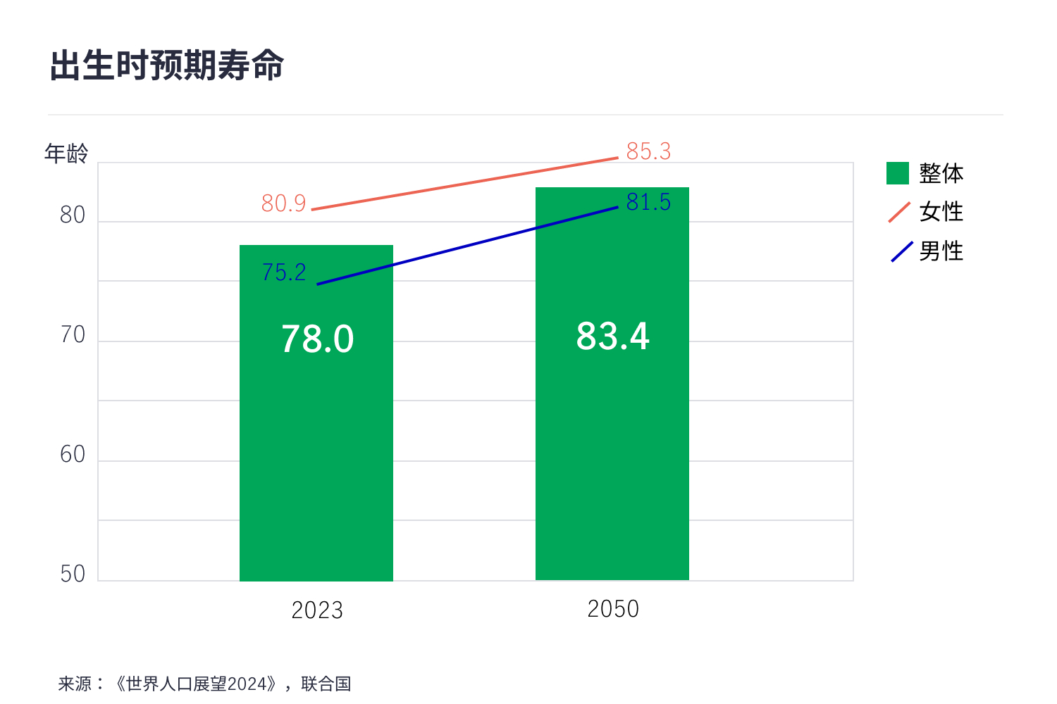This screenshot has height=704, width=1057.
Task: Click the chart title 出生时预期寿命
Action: point(167,66)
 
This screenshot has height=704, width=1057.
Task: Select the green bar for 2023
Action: point(316,458)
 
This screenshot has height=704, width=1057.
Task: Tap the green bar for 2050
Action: point(612,458)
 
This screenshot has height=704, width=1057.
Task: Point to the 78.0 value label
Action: point(317,339)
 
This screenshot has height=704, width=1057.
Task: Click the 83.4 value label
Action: point(612,337)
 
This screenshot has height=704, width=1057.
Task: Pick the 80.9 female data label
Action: point(283,203)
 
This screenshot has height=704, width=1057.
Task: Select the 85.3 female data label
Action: point(648,151)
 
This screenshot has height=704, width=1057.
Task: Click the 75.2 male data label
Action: point(284,272)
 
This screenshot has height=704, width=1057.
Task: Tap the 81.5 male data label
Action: point(648,202)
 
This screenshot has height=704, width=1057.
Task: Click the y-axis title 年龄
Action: point(66,153)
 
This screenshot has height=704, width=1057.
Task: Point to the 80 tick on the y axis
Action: point(73,215)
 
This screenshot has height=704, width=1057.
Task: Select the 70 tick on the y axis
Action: point(73,335)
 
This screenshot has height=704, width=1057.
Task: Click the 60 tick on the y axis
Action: point(73,455)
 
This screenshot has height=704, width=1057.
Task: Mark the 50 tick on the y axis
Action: point(73,574)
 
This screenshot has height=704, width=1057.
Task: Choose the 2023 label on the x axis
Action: point(317,610)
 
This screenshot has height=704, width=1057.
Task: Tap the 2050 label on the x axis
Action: point(613,609)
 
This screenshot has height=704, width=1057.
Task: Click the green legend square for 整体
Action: point(898,173)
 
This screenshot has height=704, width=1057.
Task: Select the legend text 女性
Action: point(941,212)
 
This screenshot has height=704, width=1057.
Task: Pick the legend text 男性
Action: point(941,251)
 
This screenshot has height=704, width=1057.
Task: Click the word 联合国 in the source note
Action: point(326,684)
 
